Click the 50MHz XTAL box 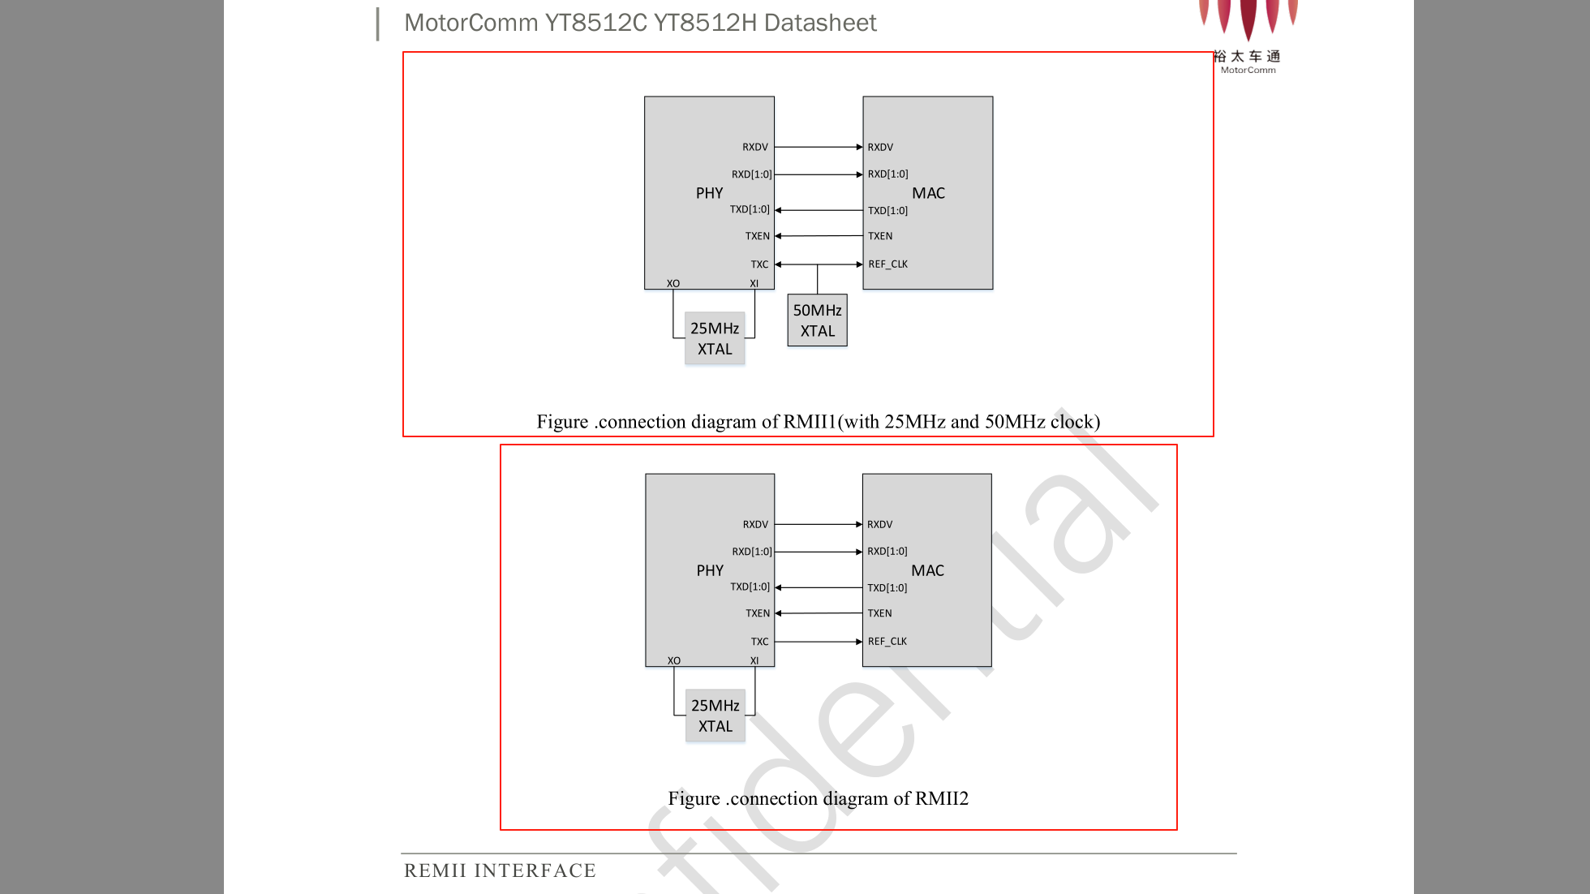[x=817, y=320]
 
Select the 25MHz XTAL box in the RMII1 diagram [x=715, y=338]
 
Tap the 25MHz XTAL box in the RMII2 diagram [x=715, y=716]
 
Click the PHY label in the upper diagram [x=709, y=193]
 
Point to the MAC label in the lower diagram [x=927, y=570]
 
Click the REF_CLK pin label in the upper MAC [x=887, y=264]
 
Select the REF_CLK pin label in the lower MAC [x=887, y=641]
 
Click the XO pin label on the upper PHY [x=673, y=283]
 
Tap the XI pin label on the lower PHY [x=754, y=660]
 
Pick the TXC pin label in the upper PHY [x=759, y=264]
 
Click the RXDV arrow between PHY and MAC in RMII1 [x=819, y=147]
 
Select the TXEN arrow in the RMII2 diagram [x=819, y=613]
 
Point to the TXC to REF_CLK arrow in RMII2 [x=819, y=642]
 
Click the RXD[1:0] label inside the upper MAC [x=887, y=174]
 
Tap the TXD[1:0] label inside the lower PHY [x=750, y=587]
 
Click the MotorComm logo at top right [x=1248, y=37]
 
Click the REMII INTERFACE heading [x=500, y=870]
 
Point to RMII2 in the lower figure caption [x=942, y=798]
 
